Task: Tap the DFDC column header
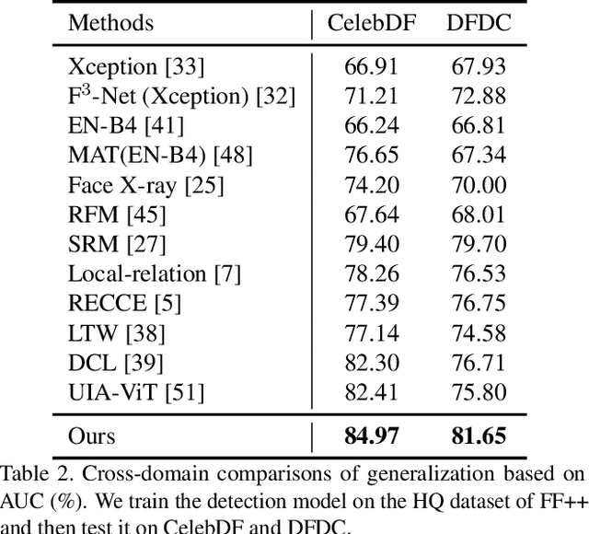479,23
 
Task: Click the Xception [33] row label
136,67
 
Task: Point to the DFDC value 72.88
479,97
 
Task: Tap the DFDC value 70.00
479,185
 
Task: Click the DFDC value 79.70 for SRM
479,244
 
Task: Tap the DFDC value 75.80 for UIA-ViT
479,391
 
